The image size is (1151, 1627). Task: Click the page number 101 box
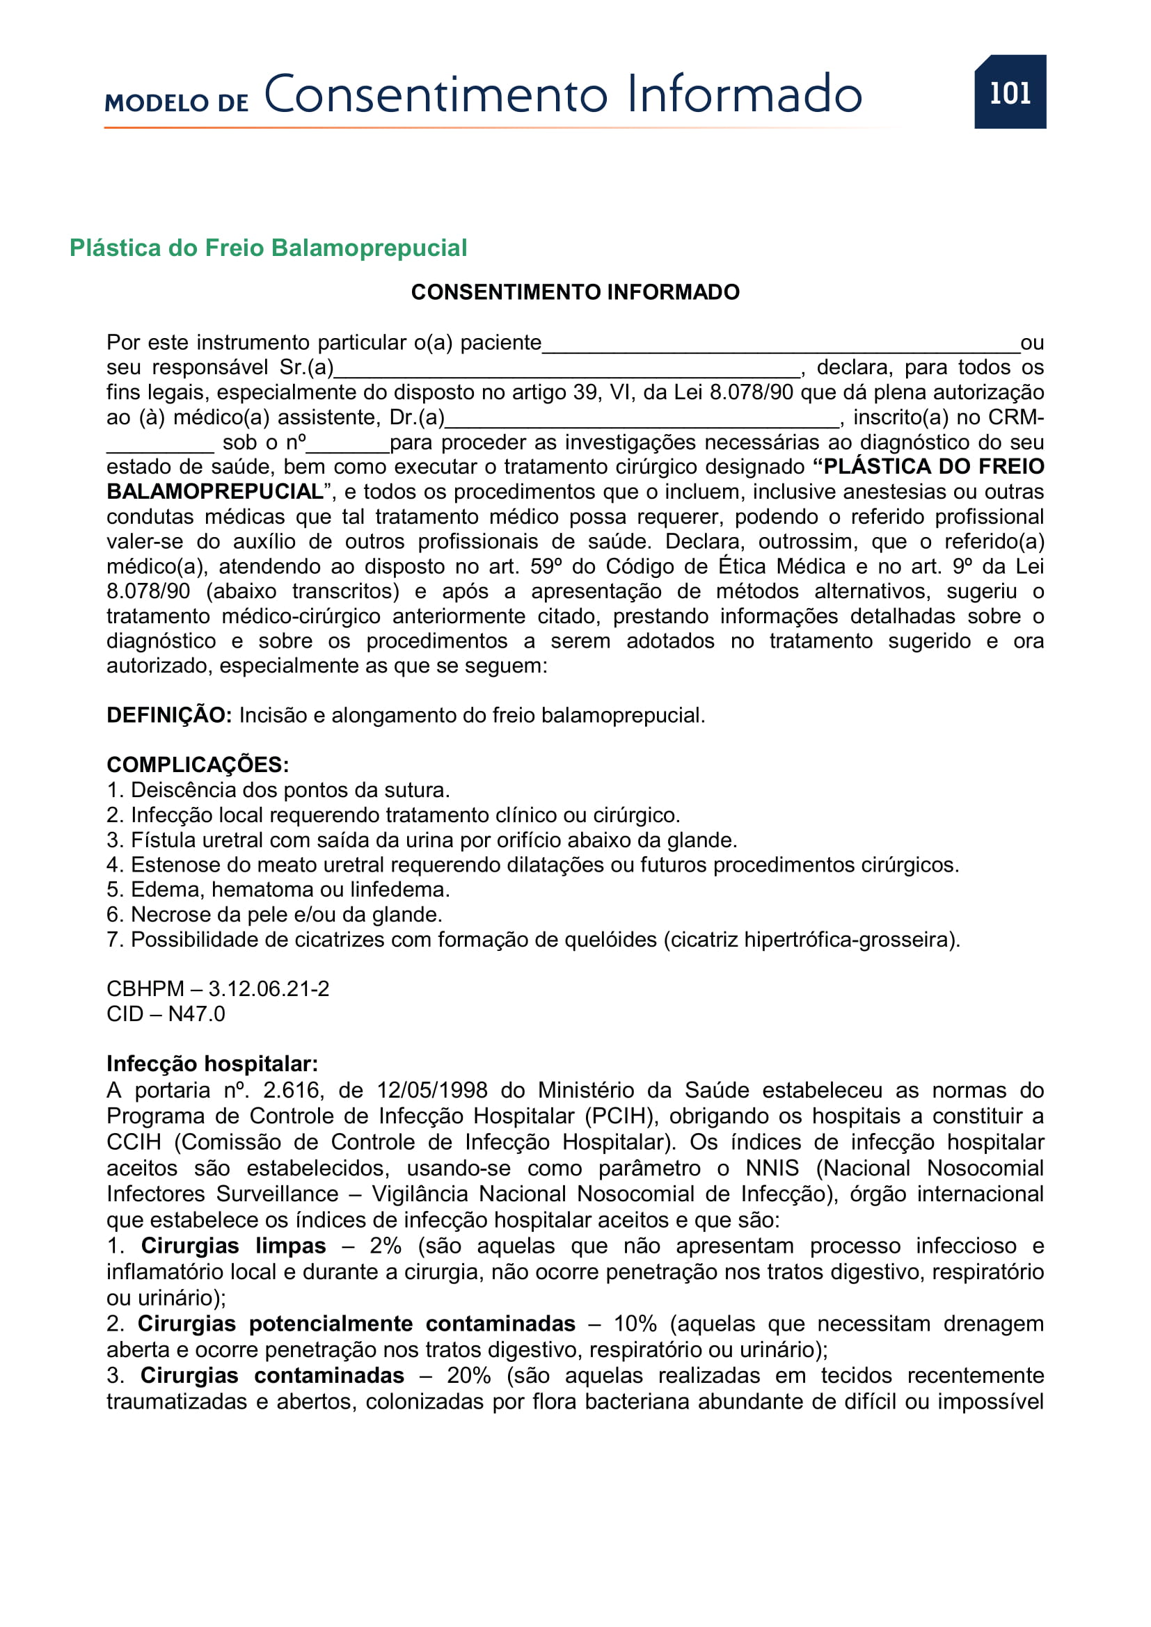pyautogui.click(x=1009, y=92)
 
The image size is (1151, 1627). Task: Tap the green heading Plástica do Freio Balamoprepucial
pyautogui.click(x=268, y=248)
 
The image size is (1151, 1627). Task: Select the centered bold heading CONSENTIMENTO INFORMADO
pyautogui.click(x=575, y=292)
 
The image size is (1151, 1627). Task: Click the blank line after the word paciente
pyautogui.click(x=779, y=346)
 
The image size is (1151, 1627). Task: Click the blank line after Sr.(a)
pyautogui.click(x=567, y=371)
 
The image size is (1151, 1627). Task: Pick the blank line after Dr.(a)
pyautogui.click(x=642, y=421)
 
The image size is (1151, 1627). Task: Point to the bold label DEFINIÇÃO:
pyautogui.click(x=168, y=715)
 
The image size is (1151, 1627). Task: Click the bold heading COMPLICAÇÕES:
pyautogui.click(x=198, y=764)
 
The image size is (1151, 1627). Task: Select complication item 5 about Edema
pyautogui.click(x=278, y=890)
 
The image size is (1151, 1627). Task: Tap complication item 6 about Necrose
pyautogui.click(x=274, y=914)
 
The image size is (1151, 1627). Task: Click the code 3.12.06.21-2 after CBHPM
pyautogui.click(x=269, y=988)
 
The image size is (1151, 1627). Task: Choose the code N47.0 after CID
pyautogui.click(x=196, y=1014)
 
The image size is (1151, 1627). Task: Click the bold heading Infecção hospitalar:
pyautogui.click(x=212, y=1064)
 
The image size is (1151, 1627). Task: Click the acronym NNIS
pyautogui.click(x=772, y=1168)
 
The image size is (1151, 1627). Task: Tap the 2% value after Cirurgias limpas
pyautogui.click(x=385, y=1246)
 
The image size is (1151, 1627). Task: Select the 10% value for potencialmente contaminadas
pyautogui.click(x=635, y=1324)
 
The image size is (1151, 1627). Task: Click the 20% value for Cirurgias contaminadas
pyautogui.click(x=468, y=1375)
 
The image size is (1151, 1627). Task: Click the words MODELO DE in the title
pyautogui.click(x=177, y=104)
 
